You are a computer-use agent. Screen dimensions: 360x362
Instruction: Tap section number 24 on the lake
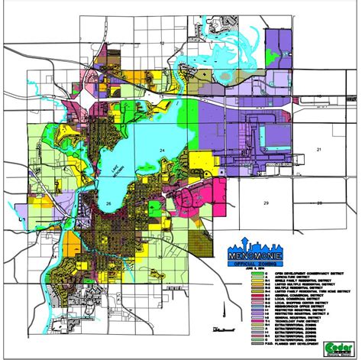tap(161, 150)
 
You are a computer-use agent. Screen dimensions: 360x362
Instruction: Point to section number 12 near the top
tap(163, 44)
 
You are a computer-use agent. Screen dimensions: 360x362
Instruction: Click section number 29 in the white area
tap(265, 203)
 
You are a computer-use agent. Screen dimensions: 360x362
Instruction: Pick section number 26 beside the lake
tap(109, 203)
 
